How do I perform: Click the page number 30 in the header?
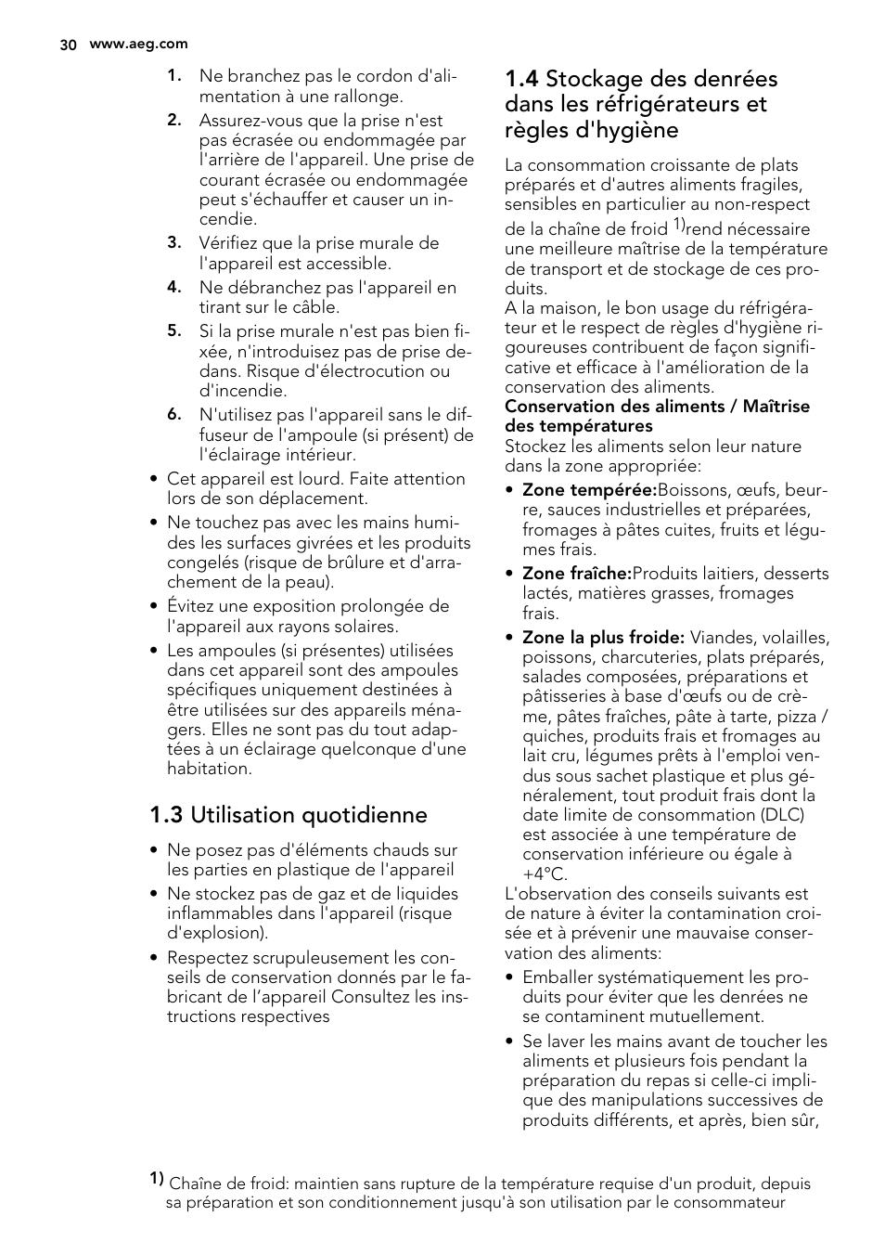pyautogui.click(x=67, y=45)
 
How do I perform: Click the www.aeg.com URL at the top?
pyautogui.click(x=138, y=44)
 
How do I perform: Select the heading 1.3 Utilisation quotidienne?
pyautogui.click(x=289, y=815)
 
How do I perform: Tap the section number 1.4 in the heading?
pyautogui.click(x=521, y=80)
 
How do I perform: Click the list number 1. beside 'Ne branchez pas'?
pyautogui.click(x=173, y=77)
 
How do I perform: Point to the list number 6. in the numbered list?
pyautogui.click(x=173, y=415)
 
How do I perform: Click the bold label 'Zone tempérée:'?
pyautogui.click(x=589, y=490)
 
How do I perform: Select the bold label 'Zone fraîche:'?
pyautogui.click(x=576, y=574)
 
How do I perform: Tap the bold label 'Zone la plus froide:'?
pyautogui.click(x=603, y=638)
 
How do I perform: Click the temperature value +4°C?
pyautogui.click(x=545, y=874)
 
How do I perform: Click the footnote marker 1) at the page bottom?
pyautogui.click(x=157, y=1179)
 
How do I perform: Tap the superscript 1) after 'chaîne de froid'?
pyautogui.click(x=678, y=225)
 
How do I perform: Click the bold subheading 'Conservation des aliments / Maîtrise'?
pyautogui.click(x=657, y=407)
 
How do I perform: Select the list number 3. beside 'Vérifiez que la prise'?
pyautogui.click(x=173, y=243)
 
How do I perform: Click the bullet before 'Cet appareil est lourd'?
pyautogui.click(x=155, y=480)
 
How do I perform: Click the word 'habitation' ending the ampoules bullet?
pyautogui.click(x=209, y=769)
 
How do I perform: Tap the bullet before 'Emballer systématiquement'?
pyautogui.click(x=510, y=978)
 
